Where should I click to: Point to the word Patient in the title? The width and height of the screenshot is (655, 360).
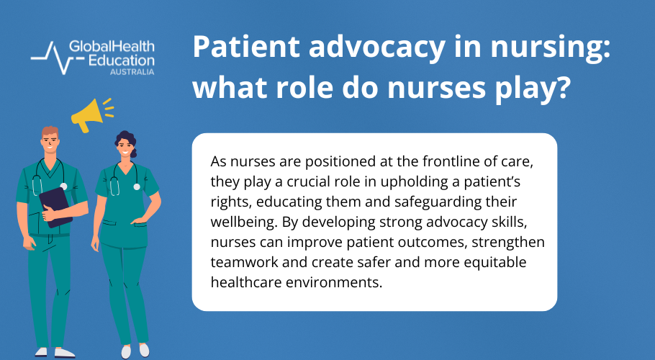point(240,49)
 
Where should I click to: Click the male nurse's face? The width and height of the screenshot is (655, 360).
point(49,144)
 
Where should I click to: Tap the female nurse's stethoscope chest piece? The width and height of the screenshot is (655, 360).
point(137,186)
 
